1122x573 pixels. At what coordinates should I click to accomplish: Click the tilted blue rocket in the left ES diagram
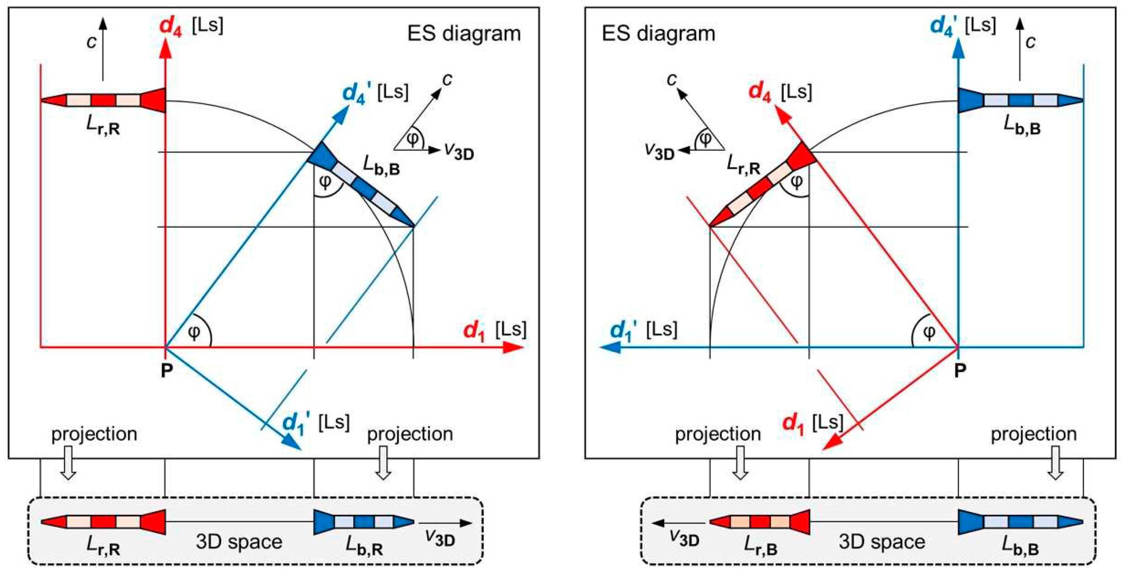click(x=361, y=184)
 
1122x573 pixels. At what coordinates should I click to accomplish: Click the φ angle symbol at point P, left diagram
click(x=194, y=333)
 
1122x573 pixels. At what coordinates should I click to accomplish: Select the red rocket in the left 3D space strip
click(x=103, y=521)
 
